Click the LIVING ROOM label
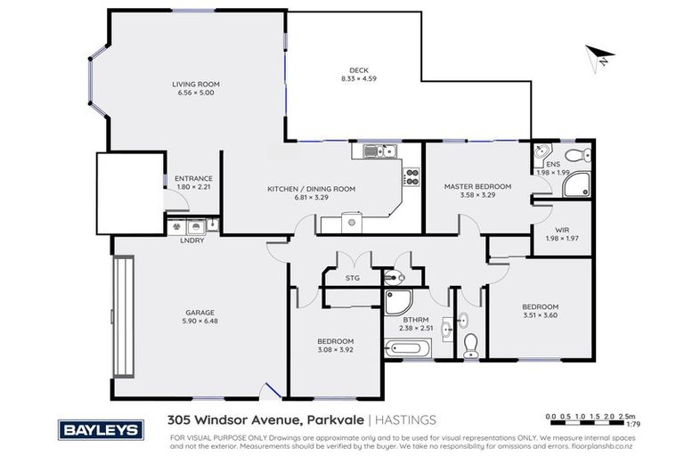(196, 85)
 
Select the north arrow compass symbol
(596, 57)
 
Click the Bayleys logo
(100, 430)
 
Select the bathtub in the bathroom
(407, 350)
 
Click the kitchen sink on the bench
(379, 152)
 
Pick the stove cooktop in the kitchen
(411, 176)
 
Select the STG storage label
(352, 278)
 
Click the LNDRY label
(189, 240)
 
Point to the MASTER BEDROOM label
(477, 186)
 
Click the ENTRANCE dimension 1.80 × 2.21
(193, 187)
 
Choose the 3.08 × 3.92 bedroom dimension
(336, 350)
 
